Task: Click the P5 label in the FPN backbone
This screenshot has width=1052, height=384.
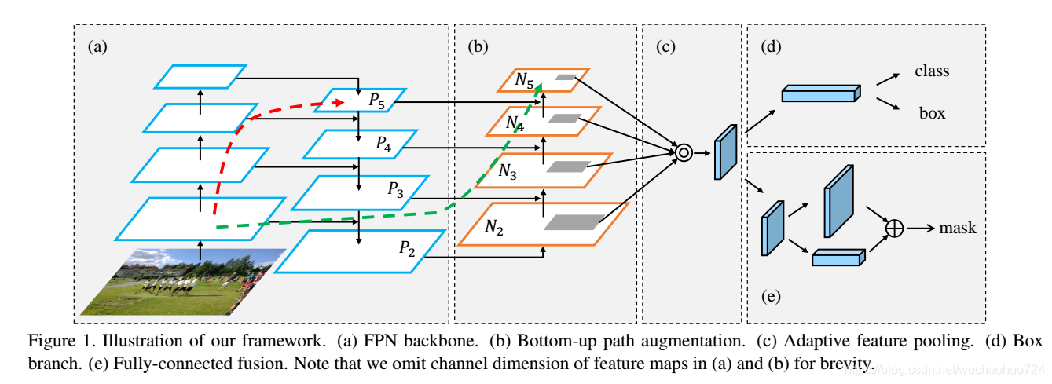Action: point(376,101)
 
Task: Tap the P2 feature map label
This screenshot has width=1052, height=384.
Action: point(407,248)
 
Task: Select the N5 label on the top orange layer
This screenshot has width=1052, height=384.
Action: point(524,80)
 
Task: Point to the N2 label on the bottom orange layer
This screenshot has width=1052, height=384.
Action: point(494,227)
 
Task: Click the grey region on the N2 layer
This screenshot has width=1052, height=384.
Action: point(574,222)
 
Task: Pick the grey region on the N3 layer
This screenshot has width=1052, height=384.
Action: point(568,166)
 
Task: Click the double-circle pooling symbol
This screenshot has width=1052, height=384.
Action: point(684,152)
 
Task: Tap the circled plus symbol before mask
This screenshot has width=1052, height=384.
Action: point(894,229)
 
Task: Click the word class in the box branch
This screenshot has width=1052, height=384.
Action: point(932,71)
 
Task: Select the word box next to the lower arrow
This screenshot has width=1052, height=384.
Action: point(933,113)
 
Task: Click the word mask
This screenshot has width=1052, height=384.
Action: point(958,229)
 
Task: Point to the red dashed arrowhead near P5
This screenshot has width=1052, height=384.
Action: point(339,102)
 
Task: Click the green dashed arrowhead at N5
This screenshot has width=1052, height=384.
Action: point(539,88)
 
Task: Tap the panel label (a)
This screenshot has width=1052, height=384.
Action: point(97,46)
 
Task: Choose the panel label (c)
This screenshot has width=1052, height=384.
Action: point(665,46)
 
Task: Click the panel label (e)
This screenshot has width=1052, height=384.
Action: point(771,296)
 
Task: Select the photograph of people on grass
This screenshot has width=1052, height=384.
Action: point(183,282)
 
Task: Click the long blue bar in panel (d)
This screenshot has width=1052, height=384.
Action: point(821,93)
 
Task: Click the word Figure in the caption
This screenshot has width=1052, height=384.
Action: point(52,341)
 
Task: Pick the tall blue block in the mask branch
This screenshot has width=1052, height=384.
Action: point(839,201)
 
